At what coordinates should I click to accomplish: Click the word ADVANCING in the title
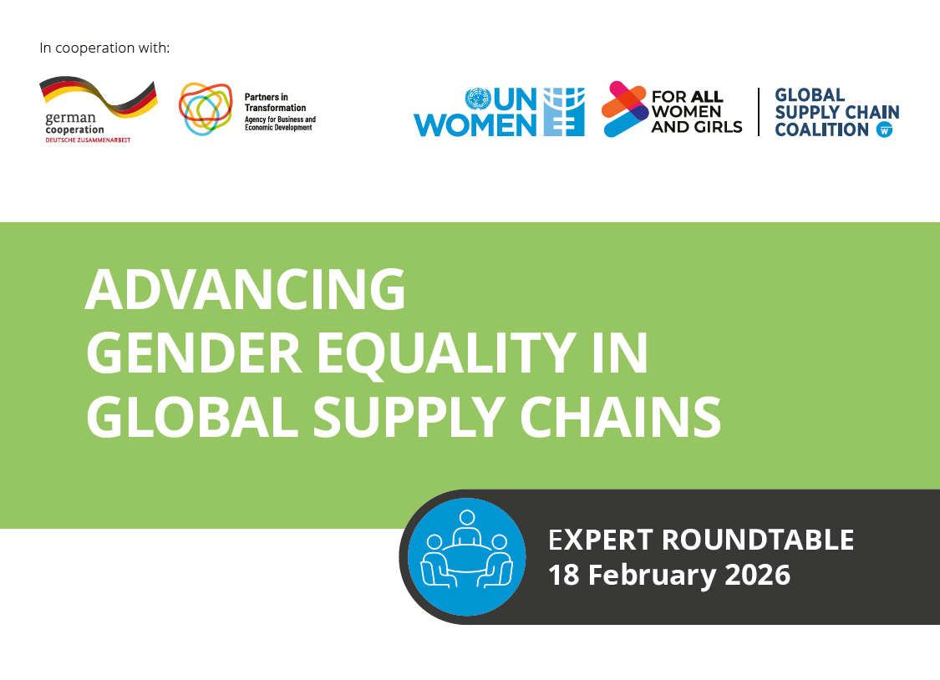coord(245,289)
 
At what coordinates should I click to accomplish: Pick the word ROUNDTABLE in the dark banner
coord(758,540)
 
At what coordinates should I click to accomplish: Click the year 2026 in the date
coord(748,575)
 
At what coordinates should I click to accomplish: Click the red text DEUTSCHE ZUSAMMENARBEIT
coord(88,140)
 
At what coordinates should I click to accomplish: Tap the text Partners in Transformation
coord(275,102)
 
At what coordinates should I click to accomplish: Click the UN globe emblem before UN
coord(477,99)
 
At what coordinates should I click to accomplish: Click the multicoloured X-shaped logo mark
coord(625,109)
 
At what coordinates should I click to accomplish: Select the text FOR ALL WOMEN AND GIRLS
coord(696,112)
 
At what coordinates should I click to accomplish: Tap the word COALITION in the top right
coord(822,129)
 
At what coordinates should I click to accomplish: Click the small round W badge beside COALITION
coord(884,129)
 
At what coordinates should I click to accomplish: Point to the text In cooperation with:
coord(104,48)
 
